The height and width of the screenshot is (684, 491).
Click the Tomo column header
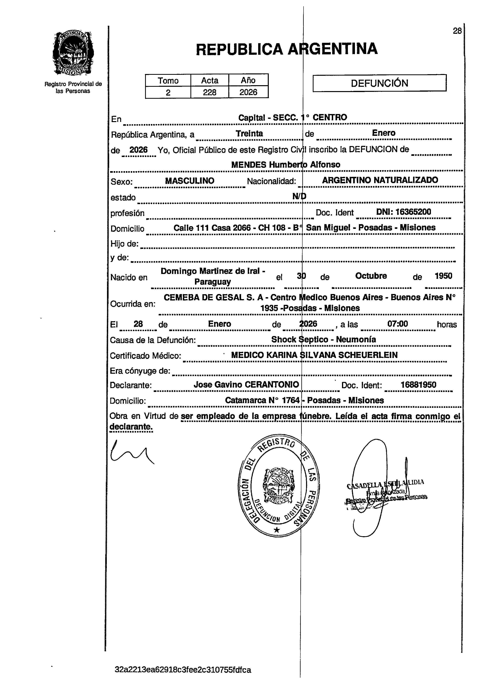(168, 80)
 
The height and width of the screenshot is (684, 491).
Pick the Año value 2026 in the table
(248, 92)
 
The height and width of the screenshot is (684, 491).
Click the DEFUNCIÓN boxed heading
(379, 83)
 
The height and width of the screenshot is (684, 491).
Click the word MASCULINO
(190, 181)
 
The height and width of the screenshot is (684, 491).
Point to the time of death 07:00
(398, 324)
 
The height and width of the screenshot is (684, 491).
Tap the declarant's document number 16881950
(418, 385)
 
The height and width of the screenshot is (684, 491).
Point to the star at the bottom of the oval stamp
(277, 530)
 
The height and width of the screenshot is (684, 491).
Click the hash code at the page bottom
(183, 670)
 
